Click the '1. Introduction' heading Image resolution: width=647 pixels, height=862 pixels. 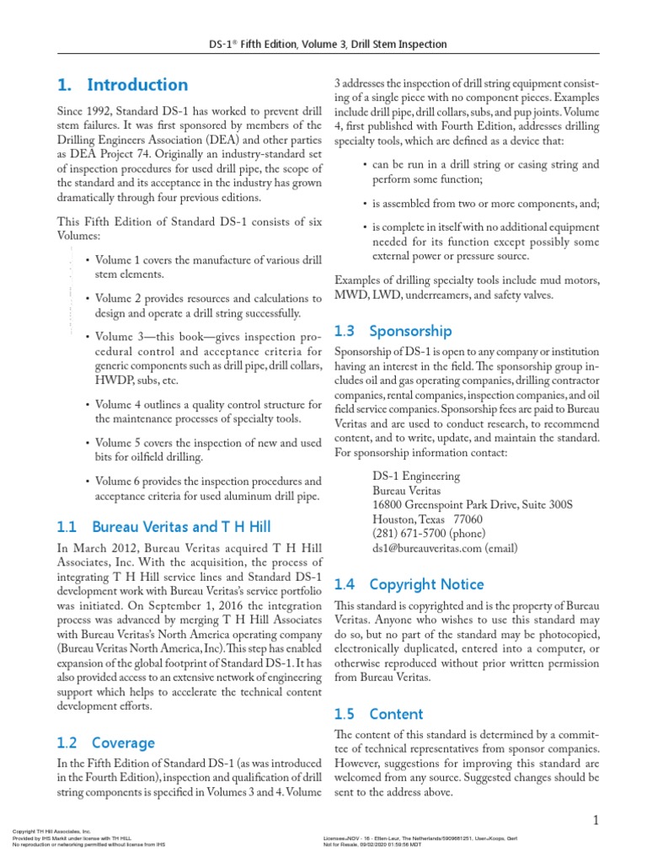pos(122,85)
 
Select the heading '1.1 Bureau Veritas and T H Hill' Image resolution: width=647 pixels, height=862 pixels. pos(163,528)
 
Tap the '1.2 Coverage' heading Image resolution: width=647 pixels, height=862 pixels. pos(105,742)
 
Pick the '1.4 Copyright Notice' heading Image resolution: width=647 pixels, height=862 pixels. pos(409,584)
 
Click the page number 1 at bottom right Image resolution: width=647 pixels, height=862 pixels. pos(595,821)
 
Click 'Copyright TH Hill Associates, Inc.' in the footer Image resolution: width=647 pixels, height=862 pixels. pos(51,831)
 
